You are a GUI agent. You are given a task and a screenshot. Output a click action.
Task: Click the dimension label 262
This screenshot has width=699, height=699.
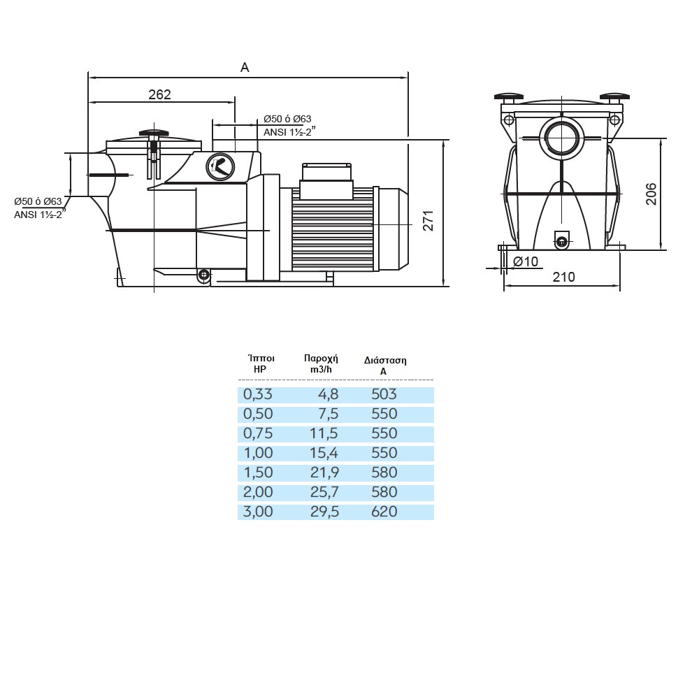click(x=159, y=94)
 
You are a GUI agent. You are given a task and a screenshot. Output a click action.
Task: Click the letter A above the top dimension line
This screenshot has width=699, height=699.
click(x=245, y=67)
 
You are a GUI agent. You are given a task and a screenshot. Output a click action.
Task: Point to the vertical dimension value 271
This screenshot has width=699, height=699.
click(x=428, y=219)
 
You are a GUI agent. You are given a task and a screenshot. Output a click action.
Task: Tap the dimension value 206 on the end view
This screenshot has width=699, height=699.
click(x=651, y=194)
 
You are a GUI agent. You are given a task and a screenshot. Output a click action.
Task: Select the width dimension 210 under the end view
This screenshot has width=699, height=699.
click(x=563, y=277)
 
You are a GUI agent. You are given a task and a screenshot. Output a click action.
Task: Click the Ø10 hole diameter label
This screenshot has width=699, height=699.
click(x=526, y=261)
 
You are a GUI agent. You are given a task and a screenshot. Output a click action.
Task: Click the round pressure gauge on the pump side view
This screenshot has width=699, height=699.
click(x=221, y=166)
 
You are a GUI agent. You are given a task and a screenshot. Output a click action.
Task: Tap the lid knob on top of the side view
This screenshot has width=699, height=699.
click(x=154, y=132)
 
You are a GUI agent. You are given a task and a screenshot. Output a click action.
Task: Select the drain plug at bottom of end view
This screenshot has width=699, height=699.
click(x=563, y=241)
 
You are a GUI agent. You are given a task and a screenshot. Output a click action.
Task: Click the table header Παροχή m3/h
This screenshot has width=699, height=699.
click(x=321, y=362)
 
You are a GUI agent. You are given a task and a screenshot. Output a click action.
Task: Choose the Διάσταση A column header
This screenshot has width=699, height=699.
click(x=384, y=366)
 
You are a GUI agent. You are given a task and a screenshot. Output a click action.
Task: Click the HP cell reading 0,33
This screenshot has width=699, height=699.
click(x=257, y=394)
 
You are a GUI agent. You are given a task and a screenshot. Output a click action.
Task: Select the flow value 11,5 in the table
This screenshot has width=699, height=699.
click(x=324, y=433)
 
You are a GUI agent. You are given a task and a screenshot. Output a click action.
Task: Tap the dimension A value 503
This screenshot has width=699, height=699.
click(x=384, y=394)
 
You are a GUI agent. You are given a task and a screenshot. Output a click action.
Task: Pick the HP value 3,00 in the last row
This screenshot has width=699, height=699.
click(x=257, y=512)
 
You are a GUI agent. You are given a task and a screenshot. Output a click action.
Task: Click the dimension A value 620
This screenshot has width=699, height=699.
click(x=384, y=512)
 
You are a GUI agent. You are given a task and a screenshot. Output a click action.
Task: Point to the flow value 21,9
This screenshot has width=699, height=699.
click(x=324, y=473)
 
